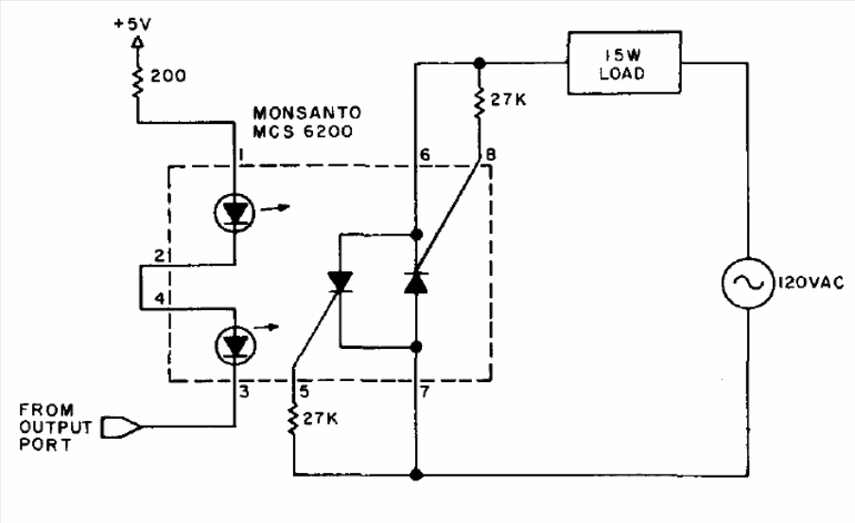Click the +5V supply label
132,25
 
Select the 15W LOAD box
624,62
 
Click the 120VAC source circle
747,283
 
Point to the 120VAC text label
811,283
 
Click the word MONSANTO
307,113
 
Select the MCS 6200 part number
303,131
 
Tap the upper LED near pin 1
235,213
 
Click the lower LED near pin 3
235,345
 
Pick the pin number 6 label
425,155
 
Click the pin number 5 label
304,391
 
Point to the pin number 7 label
425,391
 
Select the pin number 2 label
159,255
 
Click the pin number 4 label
159,298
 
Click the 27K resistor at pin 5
293,419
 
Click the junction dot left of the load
480,63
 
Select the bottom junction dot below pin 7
416,475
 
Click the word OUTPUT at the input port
55,427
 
